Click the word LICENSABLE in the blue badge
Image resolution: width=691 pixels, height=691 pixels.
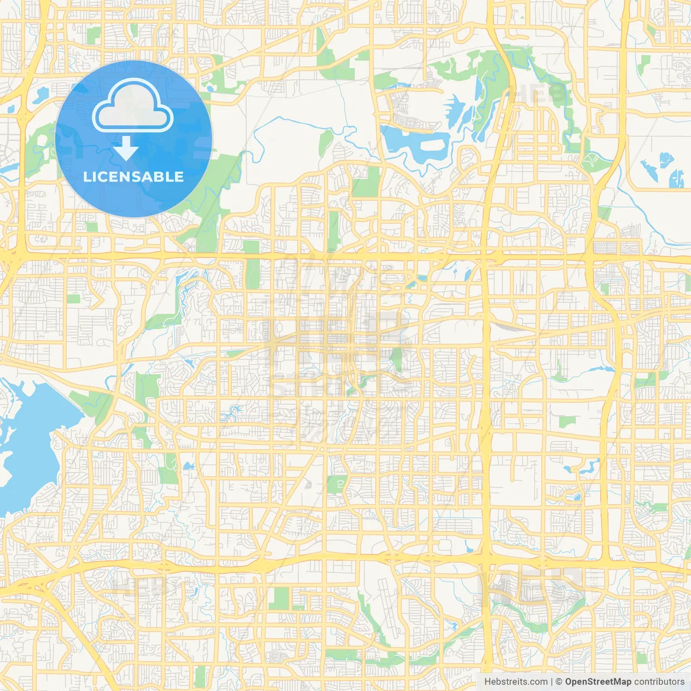click(x=133, y=177)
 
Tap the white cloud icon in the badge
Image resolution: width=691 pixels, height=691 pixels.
click(x=133, y=107)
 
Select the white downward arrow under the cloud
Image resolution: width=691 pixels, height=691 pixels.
click(x=126, y=148)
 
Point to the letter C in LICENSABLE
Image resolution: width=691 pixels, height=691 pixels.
click(x=101, y=177)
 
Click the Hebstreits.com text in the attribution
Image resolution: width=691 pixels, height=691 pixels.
click(x=516, y=682)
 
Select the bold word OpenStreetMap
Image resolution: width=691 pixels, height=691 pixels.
click(x=598, y=682)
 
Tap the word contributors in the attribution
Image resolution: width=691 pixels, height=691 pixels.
click(x=659, y=682)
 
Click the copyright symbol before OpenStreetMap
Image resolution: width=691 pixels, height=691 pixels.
click(x=559, y=682)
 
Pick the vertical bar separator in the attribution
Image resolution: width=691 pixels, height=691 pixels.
click(x=552, y=682)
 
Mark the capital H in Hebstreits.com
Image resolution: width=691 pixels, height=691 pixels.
click(x=487, y=682)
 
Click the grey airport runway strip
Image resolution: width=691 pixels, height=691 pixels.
click(x=384, y=599)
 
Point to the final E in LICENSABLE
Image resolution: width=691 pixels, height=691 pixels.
click(x=179, y=177)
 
